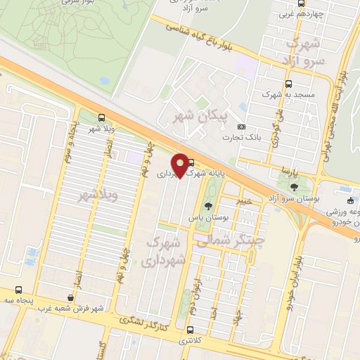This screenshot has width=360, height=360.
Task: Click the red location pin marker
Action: click(x=180, y=165)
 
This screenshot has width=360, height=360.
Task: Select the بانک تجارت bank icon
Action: click(x=242, y=127)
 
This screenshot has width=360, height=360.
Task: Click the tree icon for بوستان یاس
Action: click(x=208, y=206)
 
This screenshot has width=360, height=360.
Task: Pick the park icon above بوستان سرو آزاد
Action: click(x=294, y=188)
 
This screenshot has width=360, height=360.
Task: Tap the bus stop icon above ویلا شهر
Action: click(x=101, y=117)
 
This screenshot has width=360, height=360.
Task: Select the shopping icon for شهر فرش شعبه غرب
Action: click(x=70, y=298)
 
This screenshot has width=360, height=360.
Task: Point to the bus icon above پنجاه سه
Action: click(x=18, y=289)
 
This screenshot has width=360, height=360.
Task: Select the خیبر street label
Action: click(x=244, y=201)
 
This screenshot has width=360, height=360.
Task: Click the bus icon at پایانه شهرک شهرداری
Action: click(x=191, y=162)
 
